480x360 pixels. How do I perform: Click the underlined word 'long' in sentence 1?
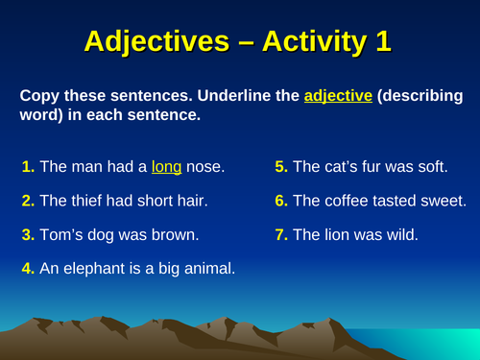167,167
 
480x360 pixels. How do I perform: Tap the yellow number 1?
28,167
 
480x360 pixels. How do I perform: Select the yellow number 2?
28,201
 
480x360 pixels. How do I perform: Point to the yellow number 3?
28,234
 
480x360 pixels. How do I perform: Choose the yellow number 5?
281,167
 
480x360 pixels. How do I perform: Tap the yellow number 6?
281,201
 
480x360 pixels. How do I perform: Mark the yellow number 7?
281,234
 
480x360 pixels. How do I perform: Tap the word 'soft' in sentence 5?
431,167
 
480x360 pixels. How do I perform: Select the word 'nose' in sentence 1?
205,167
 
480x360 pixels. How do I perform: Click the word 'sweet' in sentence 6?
444,201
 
